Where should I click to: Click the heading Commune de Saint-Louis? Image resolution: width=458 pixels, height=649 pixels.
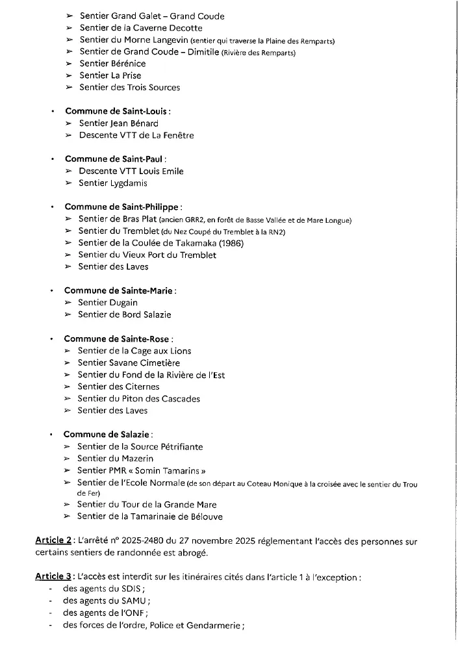[x=118, y=111]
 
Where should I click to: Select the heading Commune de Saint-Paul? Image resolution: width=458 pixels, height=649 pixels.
[x=115, y=159]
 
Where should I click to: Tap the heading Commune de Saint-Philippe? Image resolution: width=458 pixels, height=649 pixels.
[x=122, y=207]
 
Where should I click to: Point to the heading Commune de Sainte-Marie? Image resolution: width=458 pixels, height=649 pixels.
[x=120, y=290]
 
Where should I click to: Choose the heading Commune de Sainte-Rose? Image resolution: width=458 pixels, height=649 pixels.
[x=118, y=338]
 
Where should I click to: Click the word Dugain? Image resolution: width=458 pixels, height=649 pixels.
[x=123, y=303]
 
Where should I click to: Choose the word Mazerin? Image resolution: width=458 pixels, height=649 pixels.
[x=137, y=459]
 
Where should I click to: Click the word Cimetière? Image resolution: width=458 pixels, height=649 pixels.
[x=155, y=363]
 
